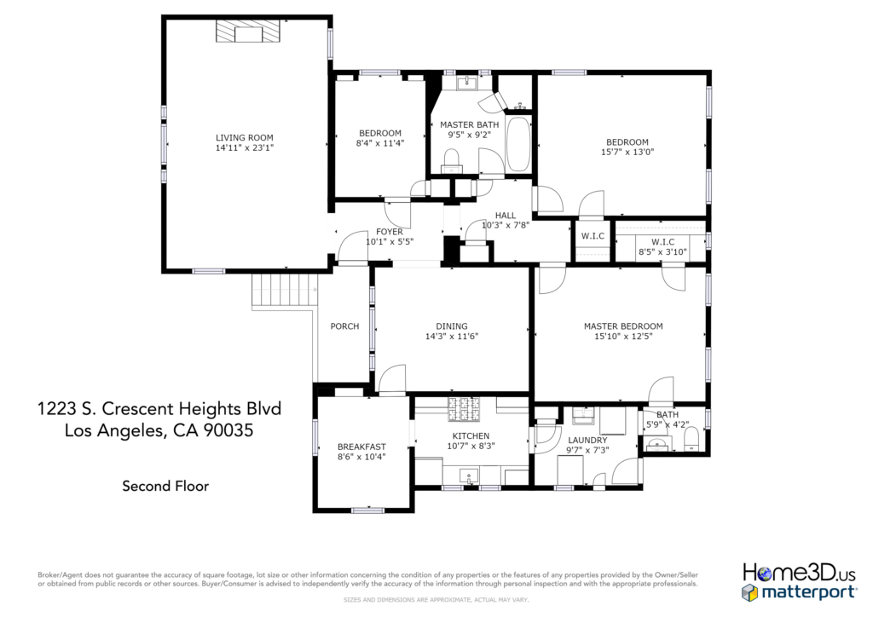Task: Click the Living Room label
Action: (245, 138)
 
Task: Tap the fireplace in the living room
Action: (248, 32)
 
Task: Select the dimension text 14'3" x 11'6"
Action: (452, 336)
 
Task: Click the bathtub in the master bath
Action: (518, 144)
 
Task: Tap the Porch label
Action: (344, 326)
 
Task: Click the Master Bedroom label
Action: (623, 326)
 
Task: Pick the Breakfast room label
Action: (361, 447)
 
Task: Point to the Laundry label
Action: (587, 440)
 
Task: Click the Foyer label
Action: (389, 232)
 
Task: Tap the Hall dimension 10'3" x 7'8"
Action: (505, 225)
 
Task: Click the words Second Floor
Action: (165, 487)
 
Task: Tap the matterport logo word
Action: (808, 592)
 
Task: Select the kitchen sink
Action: (469, 476)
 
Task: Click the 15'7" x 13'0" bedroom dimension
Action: (627, 152)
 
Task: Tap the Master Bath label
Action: (470, 125)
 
